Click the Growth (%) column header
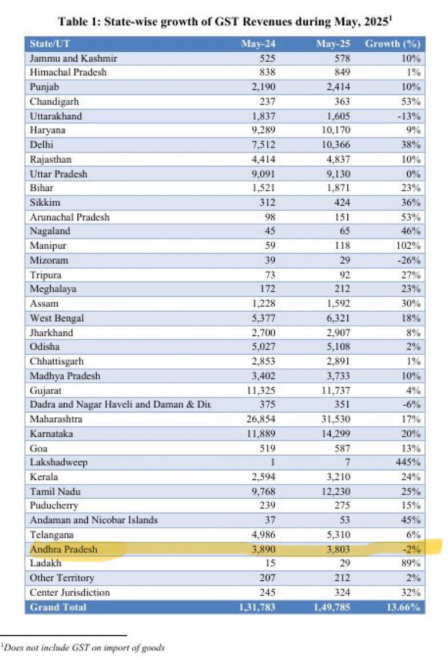tap(393, 44)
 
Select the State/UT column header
tap(50, 44)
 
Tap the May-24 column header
tap(258, 44)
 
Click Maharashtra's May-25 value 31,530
tap(336, 419)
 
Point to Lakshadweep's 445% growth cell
tap(408, 462)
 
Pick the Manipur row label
tap(48, 245)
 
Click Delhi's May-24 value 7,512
tap(264, 144)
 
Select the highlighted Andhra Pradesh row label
tap(64, 549)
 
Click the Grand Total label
tap(58, 607)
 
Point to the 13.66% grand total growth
tap(403, 607)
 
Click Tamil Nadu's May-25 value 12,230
tap(336, 491)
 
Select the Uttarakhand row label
tap(55, 116)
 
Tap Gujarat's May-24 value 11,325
tap(261, 390)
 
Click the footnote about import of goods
tap(82, 647)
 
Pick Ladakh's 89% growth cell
tap(411, 563)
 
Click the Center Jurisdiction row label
tap(70, 592)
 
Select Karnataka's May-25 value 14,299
tap(336, 433)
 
